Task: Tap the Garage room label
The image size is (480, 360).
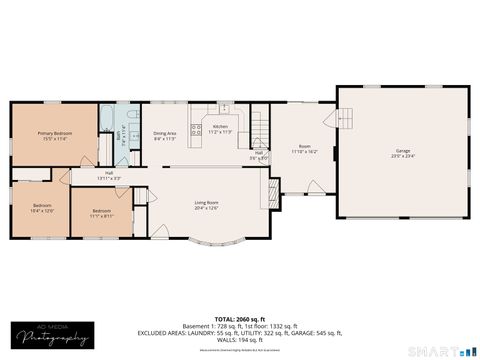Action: click(x=403, y=153)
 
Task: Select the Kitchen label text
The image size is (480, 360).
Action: click(x=220, y=129)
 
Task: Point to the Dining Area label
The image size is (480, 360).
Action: click(x=165, y=135)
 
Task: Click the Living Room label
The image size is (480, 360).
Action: click(x=206, y=205)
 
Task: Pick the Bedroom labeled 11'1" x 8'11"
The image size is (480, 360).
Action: click(x=102, y=212)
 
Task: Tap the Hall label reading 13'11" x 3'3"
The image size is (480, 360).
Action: click(x=108, y=175)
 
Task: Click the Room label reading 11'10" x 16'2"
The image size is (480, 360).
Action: click(x=304, y=149)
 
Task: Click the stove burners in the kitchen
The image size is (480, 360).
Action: click(x=197, y=130)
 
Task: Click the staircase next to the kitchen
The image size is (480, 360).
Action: click(x=261, y=128)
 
